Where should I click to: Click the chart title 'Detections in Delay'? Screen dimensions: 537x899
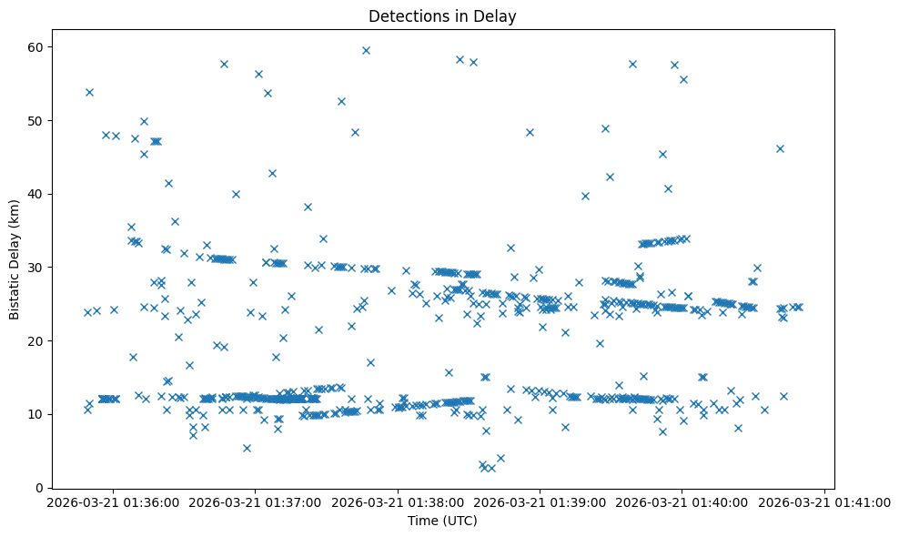click(x=442, y=15)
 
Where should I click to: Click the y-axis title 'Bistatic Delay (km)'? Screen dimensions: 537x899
click(x=15, y=258)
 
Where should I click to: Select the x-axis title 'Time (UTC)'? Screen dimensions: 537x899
click(x=442, y=522)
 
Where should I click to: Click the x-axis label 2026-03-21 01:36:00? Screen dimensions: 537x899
click(x=113, y=502)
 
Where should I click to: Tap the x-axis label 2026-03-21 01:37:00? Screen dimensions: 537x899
click(x=256, y=502)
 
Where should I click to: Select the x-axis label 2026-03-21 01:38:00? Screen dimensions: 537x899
click(x=398, y=502)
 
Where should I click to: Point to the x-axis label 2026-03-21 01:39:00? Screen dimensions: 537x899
click(x=540, y=502)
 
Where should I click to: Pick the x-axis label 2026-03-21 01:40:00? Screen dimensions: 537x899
click(x=682, y=502)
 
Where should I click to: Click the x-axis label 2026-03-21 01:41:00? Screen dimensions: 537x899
click(x=825, y=502)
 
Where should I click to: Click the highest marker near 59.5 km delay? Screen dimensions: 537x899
click(x=366, y=50)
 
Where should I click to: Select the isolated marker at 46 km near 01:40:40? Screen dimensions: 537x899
click(x=780, y=148)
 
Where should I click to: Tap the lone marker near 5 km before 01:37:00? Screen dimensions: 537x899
click(x=247, y=448)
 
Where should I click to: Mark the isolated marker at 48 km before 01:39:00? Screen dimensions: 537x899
click(x=530, y=132)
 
